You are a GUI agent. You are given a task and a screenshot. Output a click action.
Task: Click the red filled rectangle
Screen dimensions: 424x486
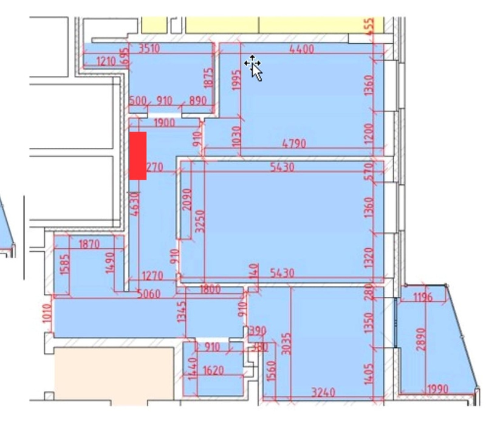tap(138, 156)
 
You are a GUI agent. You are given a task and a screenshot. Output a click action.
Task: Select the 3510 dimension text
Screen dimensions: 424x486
tap(149, 49)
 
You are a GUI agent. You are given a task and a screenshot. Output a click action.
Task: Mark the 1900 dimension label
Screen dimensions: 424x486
tap(164, 122)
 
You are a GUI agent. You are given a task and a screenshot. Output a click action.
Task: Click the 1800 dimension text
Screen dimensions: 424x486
tap(210, 290)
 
